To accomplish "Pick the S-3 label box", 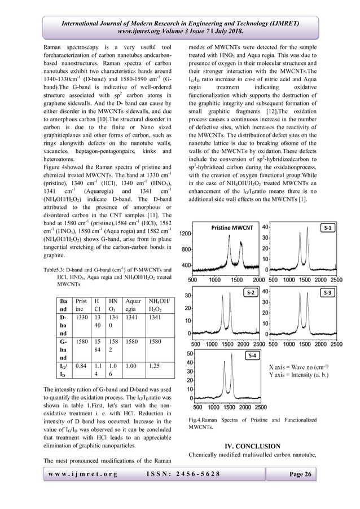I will (x=328, y=292).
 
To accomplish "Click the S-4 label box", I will (x=253, y=356).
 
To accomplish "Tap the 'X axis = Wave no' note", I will (x=304, y=366).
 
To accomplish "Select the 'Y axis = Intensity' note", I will (x=302, y=375).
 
